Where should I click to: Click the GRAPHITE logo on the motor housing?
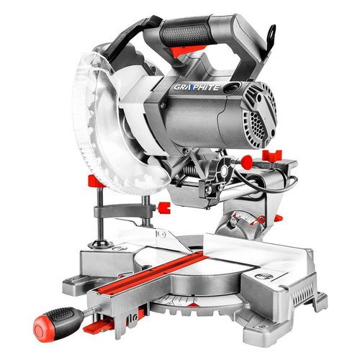(197, 87)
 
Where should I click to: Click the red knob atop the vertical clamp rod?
(96, 181)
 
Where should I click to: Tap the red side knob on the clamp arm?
(164, 208)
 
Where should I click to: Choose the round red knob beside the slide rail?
(247, 161)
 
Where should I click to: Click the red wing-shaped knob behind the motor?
(272, 156)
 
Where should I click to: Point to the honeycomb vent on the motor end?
(256, 125)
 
